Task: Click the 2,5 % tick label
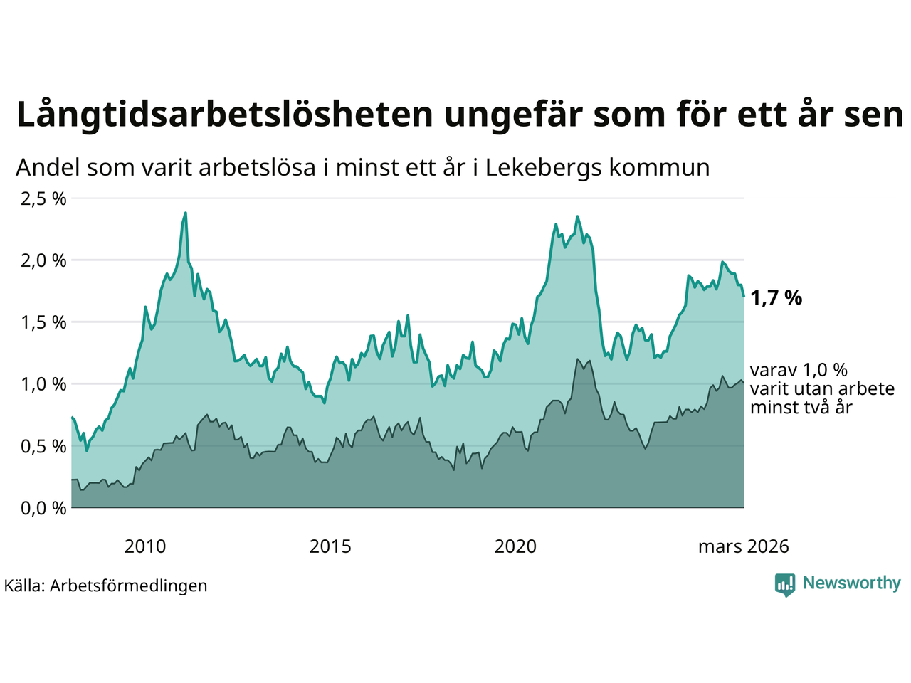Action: [43, 198]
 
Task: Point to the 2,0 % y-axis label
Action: [43, 260]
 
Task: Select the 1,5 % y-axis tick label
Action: [43, 322]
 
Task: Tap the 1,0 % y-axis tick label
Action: [43, 384]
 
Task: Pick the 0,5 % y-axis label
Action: [43, 446]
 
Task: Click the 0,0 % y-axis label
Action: [43, 508]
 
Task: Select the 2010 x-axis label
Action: [144, 546]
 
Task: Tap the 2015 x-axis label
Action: [330, 546]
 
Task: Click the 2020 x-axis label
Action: [515, 546]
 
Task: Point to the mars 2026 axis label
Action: [743, 546]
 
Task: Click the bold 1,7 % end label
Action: [776, 298]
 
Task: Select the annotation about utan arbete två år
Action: [821, 388]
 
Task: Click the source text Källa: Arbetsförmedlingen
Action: [105, 586]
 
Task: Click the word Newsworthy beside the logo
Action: [851, 583]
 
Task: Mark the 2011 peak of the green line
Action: [186, 212]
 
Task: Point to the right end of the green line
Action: [744, 296]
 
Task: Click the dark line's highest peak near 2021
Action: [578, 359]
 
